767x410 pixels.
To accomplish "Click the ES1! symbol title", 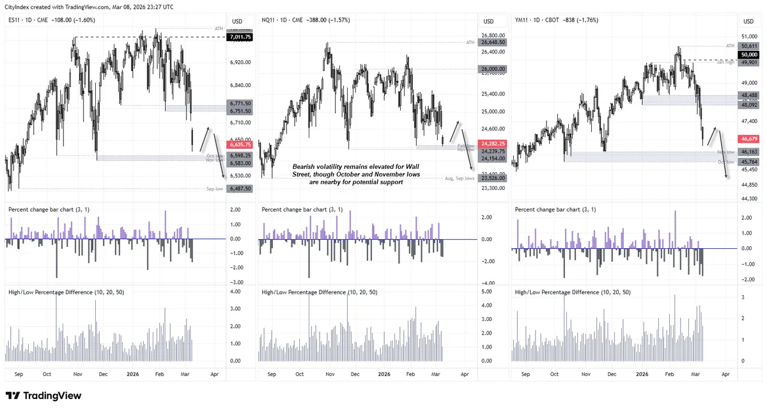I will pyautogui.click(x=15, y=20).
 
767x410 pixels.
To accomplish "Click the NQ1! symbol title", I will pyautogui.click(x=271, y=20).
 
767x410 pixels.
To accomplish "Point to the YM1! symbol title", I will pyautogui.click(x=523, y=20).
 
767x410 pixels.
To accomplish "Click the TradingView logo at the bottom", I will pyautogui.click(x=43, y=396).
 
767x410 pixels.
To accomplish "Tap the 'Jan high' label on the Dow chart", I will pyautogui.click(x=725, y=62).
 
